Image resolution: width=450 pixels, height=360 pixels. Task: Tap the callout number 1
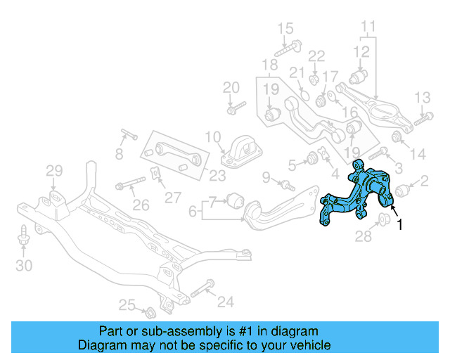400,225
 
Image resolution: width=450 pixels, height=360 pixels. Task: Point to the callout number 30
25,266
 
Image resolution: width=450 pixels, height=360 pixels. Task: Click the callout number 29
54,170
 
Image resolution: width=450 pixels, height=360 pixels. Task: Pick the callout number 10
212,136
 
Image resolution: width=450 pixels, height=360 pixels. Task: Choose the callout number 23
217,176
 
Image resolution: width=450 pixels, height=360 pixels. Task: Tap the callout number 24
225,302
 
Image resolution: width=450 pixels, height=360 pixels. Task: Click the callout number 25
127,304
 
